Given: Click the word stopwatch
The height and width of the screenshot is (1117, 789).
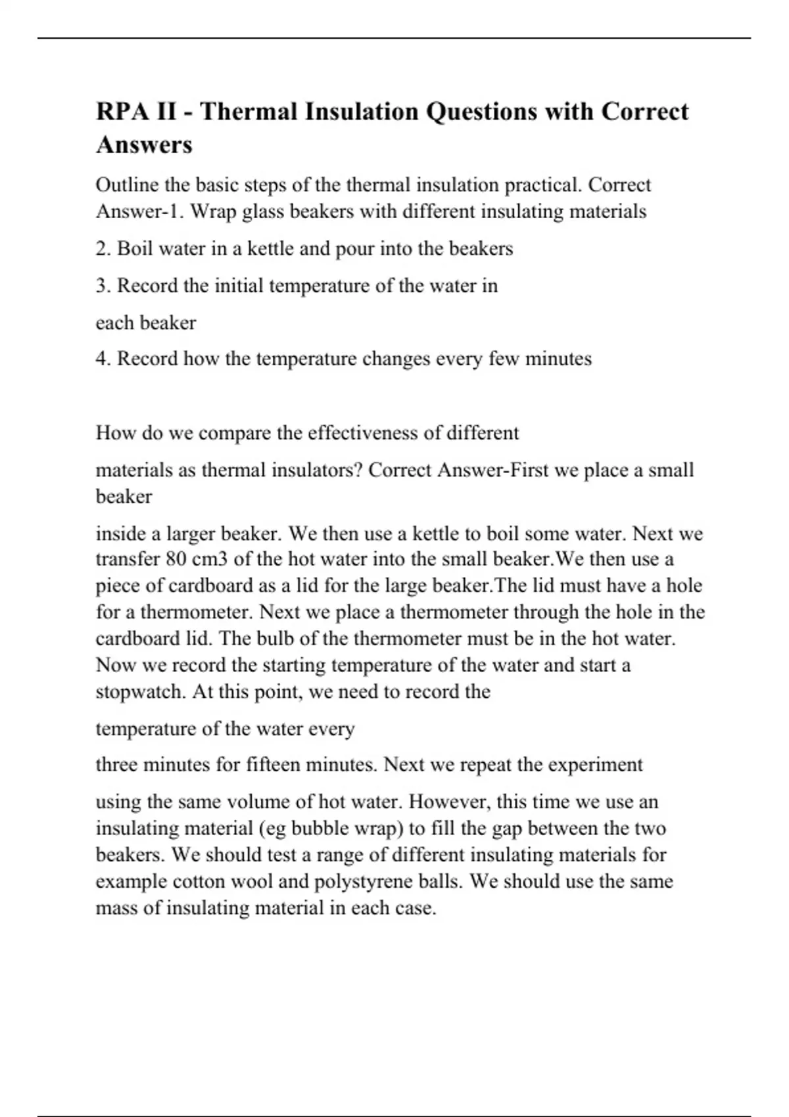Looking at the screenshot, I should tap(141, 692).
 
